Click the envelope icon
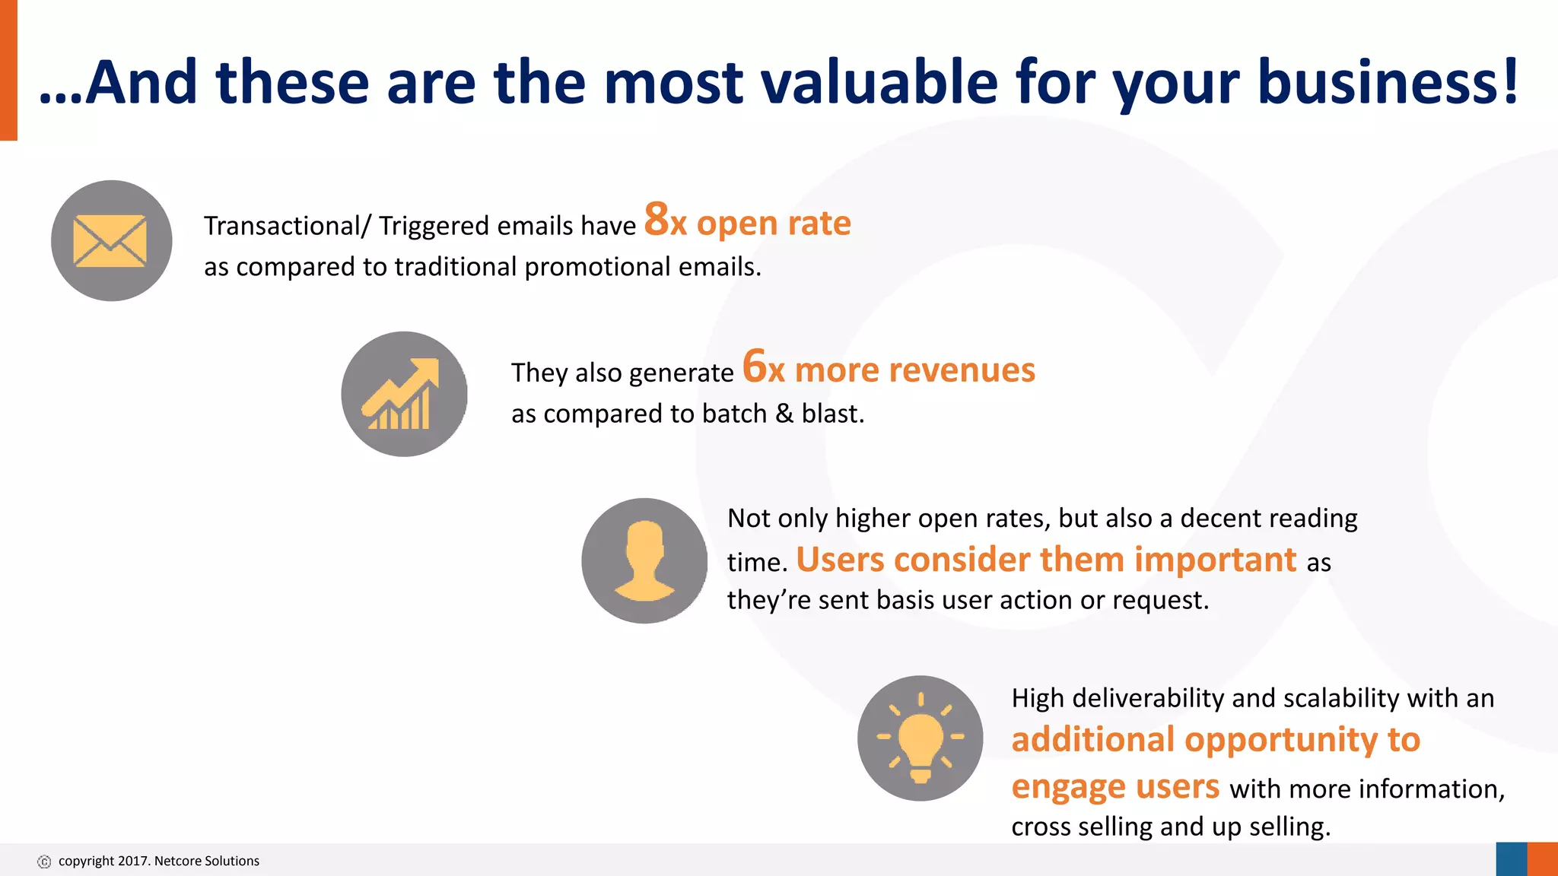pyautogui.click(x=110, y=240)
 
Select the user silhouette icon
pyautogui.click(x=644, y=561)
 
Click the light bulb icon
pyautogui.click(x=920, y=738)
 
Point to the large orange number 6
pyautogui.click(x=754, y=366)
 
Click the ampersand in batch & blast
pyautogui.click(x=784, y=414)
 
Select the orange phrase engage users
pyautogui.click(x=1114, y=786)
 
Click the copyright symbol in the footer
pyautogui.click(x=44, y=862)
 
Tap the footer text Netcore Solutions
pyautogui.click(x=206, y=861)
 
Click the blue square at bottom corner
pyautogui.click(x=1511, y=859)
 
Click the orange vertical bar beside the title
pyautogui.click(x=8, y=70)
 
